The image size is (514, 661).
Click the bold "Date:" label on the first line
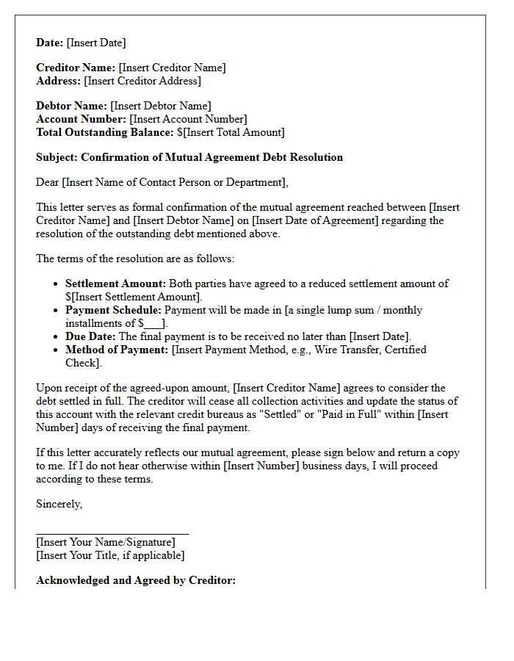point(50,43)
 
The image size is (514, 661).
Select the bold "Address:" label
point(59,81)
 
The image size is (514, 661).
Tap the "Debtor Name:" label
point(71,106)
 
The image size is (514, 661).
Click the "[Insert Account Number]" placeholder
point(188,119)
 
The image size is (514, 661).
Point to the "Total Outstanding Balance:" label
point(105,132)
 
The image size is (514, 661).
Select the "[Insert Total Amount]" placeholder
point(233,132)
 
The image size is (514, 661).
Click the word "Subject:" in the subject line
point(57,157)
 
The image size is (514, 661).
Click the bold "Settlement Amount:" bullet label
point(116,283)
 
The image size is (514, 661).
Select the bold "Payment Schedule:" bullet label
point(113,310)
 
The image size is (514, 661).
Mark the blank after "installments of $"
point(153,324)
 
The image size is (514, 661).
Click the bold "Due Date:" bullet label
point(90,336)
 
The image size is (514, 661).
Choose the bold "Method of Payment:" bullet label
point(117,350)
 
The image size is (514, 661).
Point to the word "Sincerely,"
point(59,504)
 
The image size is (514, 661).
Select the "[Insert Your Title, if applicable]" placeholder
point(110,555)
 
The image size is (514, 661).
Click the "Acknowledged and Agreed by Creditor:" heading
point(136,580)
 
